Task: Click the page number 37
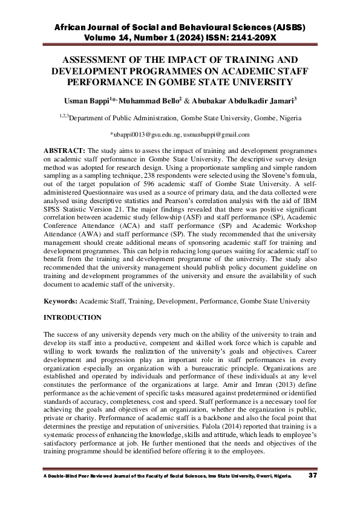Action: (313, 476)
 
